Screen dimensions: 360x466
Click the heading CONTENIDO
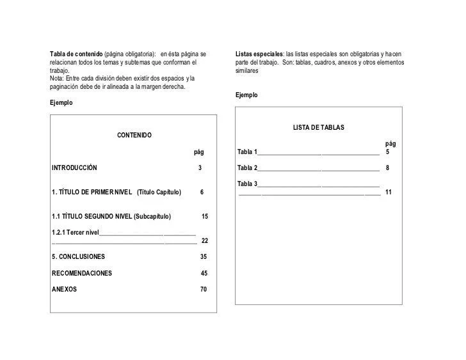tap(134, 136)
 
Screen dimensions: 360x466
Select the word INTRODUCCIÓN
tap(74, 168)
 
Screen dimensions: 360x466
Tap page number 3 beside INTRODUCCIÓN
tap(200, 168)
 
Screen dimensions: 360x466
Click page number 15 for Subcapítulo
tap(205, 217)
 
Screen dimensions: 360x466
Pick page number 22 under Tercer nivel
tap(205, 241)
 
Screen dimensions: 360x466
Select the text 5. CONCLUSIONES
tap(78, 257)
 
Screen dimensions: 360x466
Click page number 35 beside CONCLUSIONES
tap(204, 257)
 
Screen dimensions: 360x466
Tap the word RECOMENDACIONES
tap(82, 274)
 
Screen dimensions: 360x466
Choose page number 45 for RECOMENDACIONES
tap(204, 274)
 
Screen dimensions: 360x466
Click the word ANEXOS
tap(64, 290)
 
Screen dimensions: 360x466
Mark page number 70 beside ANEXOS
tap(204, 290)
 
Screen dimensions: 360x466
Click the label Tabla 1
tap(247, 152)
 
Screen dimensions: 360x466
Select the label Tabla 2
tap(247, 168)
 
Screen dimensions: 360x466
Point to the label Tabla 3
tap(247, 184)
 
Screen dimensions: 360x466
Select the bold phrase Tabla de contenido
tap(76, 52)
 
